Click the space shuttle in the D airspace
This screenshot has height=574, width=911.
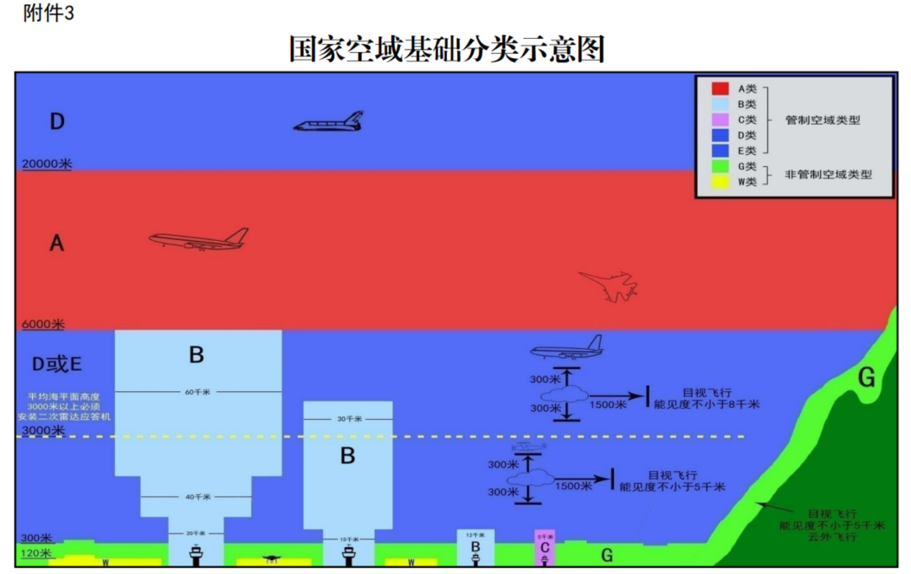tap(329, 123)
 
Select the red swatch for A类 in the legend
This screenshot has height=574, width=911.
tap(721, 89)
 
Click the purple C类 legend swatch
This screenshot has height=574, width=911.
tap(721, 120)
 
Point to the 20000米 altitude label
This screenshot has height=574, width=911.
tap(46, 164)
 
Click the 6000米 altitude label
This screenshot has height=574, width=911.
tap(43, 325)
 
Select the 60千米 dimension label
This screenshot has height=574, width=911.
tap(197, 392)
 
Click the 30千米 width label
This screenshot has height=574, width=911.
tap(348, 419)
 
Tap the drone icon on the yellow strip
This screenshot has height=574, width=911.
tap(271, 558)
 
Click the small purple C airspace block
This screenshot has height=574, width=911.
tap(545, 548)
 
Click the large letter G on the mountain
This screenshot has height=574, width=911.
tap(866, 378)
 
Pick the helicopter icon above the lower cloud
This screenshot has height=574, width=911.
tap(529, 446)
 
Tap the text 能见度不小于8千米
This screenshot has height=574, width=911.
tap(707, 405)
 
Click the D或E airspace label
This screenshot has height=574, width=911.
tap(57, 364)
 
